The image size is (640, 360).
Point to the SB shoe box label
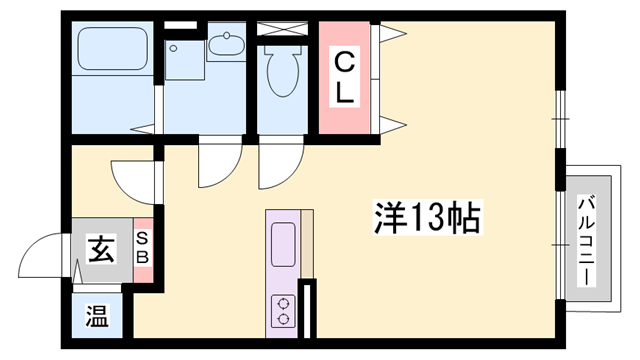coord(142,247)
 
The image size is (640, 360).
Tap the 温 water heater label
coord(96,320)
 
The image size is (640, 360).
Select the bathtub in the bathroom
coord(110,56)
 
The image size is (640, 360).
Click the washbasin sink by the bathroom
coord(227,45)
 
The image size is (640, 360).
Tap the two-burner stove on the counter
coord(282,310)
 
